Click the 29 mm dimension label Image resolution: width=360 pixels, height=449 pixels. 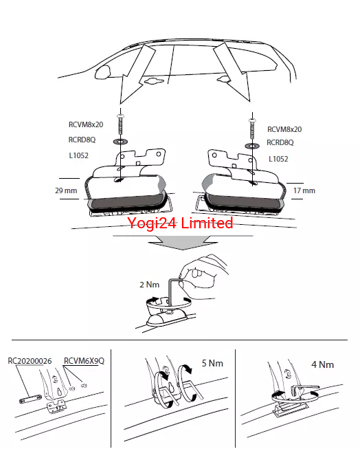tap(66, 190)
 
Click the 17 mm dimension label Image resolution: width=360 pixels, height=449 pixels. tap(304, 190)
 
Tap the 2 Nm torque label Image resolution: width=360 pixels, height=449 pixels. tap(149, 285)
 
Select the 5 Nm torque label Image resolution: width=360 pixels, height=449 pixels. tap(212, 363)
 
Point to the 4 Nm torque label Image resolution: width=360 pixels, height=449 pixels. tap(322, 364)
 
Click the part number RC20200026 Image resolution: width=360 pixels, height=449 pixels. tap(30, 361)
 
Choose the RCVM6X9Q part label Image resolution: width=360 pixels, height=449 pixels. tap(84, 360)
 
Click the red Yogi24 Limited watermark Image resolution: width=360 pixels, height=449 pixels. tap(180, 223)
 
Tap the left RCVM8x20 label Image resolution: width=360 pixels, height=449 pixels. tap(86, 124)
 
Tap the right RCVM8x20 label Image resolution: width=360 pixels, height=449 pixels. tap(284, 129)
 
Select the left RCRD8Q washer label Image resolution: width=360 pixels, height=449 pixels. tap(82, 140)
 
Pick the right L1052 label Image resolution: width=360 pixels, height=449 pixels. tap(278, 159)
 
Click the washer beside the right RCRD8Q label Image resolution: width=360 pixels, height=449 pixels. tap(252, 146)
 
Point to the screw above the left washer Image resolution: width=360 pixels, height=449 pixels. tap(120, 124)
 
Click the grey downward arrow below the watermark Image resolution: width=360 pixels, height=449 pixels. tap(183, 241)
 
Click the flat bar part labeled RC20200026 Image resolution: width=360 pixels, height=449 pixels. tap(31, 399)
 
